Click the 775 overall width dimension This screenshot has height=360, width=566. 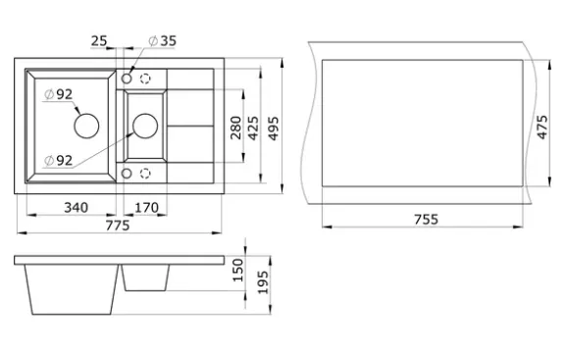(118, 226)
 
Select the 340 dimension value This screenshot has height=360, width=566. (76, 208)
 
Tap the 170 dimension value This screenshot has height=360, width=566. (146, 208)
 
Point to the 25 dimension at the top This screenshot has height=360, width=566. (99, 41)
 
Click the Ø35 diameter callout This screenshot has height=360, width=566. (163, 41)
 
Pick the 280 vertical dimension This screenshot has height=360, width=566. (235, 128)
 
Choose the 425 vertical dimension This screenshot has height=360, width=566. (253, 129)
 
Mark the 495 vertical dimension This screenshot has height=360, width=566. (274, 129)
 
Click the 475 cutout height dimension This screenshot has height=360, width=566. (542, 128)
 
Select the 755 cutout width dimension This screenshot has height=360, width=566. (426, 219)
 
